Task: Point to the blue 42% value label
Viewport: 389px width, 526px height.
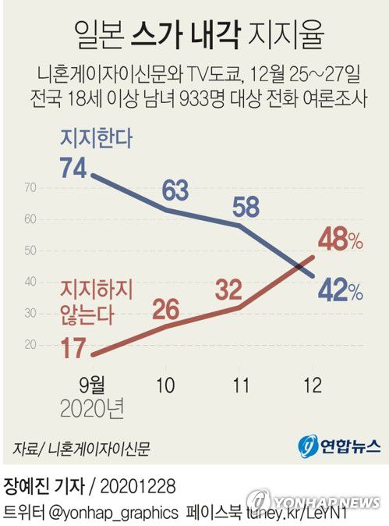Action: (340, 292)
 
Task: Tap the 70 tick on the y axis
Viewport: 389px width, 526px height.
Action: (31, 187)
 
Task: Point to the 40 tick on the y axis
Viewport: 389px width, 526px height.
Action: (31, 282)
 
